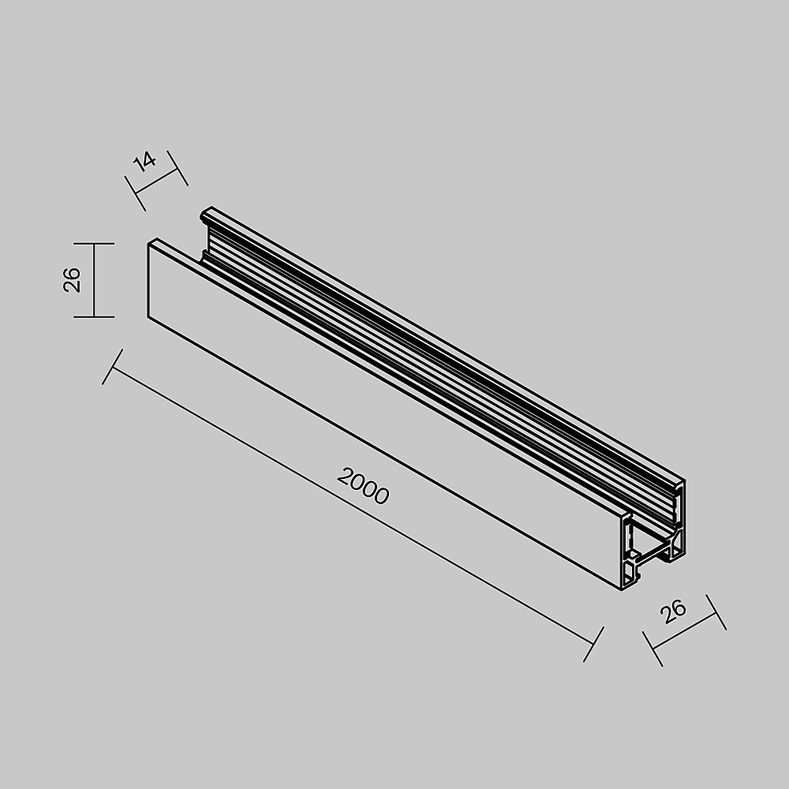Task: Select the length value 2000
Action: coord(363,485)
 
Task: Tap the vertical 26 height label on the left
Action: coord(72,280)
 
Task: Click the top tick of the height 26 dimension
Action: coord(94,244)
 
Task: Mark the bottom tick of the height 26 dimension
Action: coord(94,316)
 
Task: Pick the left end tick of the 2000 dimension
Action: coord(113,367)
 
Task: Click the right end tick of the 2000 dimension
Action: coord(593,644)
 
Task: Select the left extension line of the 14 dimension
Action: coord(136,193)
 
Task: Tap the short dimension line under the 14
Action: coord(157,181)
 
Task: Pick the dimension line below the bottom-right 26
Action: coord(684,630)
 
